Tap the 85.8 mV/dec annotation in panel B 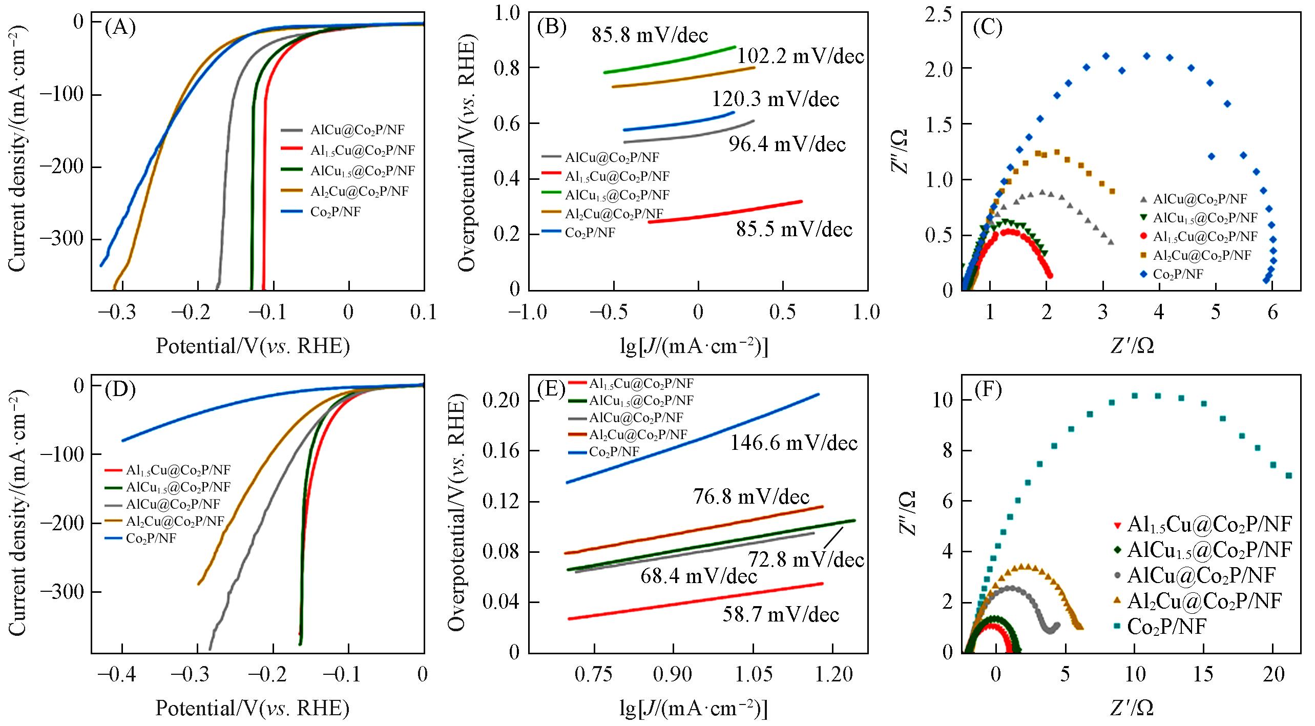click(x=650, y=35)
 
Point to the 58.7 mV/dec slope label click(x=781, y=614)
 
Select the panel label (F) click(x=988, y=391)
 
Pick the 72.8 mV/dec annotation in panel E click(x=806, y=559)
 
